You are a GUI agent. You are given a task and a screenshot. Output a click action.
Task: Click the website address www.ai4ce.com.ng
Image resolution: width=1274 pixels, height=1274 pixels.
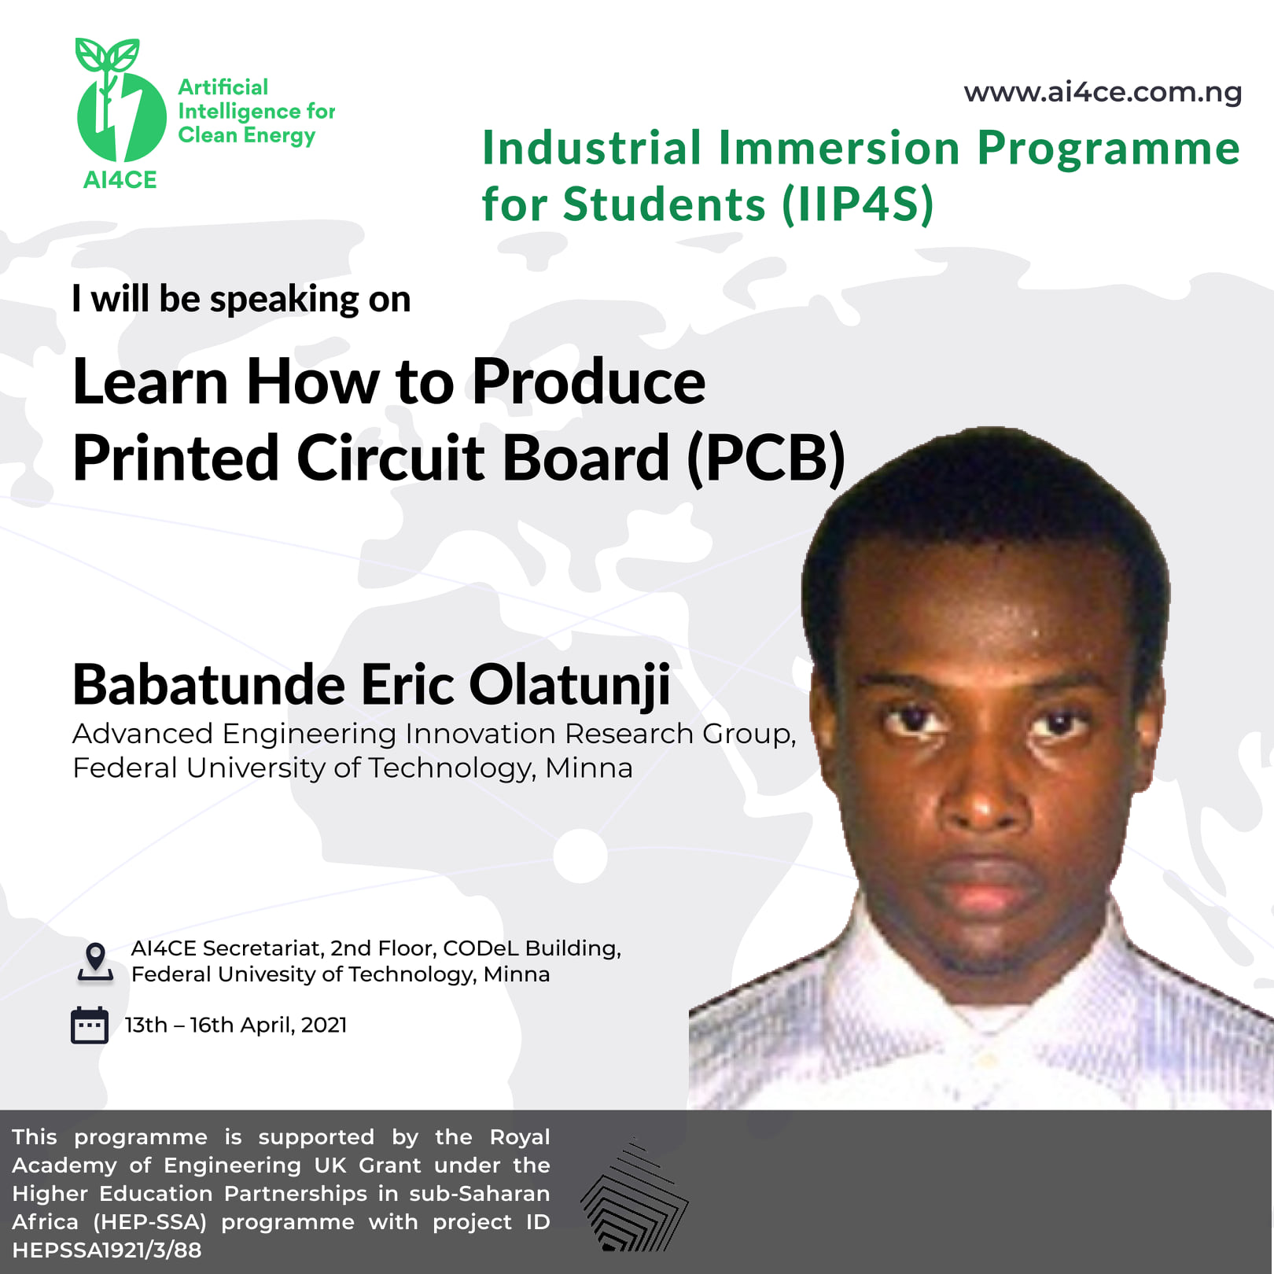pyautogui.click(x=1103, y=92)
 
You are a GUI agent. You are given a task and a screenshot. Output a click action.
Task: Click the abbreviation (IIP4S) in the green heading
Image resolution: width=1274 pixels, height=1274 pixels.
pyautogui.click(x=858, y=204)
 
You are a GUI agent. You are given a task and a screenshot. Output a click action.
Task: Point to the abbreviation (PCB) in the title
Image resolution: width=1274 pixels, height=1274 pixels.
pyautogui.click(x=766, y=458)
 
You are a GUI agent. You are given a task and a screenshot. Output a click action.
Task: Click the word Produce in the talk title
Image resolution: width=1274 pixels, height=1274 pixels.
pyautogui.click(x=588, y=382)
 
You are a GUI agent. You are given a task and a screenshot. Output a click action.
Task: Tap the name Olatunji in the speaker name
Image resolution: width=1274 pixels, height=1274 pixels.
pyautogui.click(x=570, y=685)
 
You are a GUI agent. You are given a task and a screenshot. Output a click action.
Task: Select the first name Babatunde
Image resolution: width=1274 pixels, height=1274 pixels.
pyautogui.click(x=208, y=684)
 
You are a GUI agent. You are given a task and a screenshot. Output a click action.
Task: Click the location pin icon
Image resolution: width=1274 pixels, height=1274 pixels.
pyautogui.click(x=95, y=962)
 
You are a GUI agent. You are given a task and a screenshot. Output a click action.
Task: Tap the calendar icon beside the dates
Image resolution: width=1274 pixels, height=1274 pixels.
pyautogui.click(x=90, y=1025)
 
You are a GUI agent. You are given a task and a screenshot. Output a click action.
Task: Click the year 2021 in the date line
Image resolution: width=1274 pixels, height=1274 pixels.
pyautogui.click(x=324, y=1025)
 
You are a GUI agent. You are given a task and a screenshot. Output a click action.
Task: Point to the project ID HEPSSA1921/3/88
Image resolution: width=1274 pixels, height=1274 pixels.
pyautogui.click(x=107, y=1250)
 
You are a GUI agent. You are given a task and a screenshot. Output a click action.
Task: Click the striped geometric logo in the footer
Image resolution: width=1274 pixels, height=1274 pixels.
pyautogui.click(x=634, y=1195)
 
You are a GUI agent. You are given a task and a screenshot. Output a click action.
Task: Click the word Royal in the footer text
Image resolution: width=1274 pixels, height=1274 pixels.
pyautogui.click(x=520, y=1138)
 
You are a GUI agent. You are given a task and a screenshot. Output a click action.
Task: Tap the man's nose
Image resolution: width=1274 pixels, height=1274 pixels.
pyautogui.click(x=981, y=794)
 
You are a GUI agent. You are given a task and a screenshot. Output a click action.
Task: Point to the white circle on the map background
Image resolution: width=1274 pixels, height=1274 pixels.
pyautogui.click(x=580, y=855)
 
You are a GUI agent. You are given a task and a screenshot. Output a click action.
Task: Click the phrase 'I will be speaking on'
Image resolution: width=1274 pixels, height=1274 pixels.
pyautogui.click(x=241, y=300)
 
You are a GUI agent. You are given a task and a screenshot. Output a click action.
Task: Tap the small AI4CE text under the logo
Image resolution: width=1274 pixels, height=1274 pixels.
pyautogui.click(x=120, y=180)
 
